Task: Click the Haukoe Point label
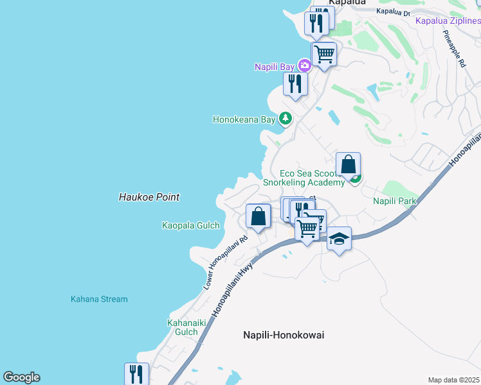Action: (149, 198)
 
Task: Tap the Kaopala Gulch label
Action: (191, 225)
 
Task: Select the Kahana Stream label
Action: (99, 299)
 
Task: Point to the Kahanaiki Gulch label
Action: (182, 327)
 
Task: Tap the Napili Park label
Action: (395, 201)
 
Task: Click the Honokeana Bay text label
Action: (244, 119)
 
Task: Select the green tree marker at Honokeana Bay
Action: (285, 119)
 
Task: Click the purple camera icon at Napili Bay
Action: (304, 65)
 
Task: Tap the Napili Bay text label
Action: (274, 67)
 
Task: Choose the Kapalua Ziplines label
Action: (448, 21)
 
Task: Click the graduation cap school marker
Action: (339, 239)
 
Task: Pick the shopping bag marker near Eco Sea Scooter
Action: (348, 165)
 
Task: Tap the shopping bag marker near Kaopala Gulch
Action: (258, 216)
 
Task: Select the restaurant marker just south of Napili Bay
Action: (295, 83)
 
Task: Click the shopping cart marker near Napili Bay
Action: (324, 55)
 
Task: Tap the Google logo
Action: (21, 377)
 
